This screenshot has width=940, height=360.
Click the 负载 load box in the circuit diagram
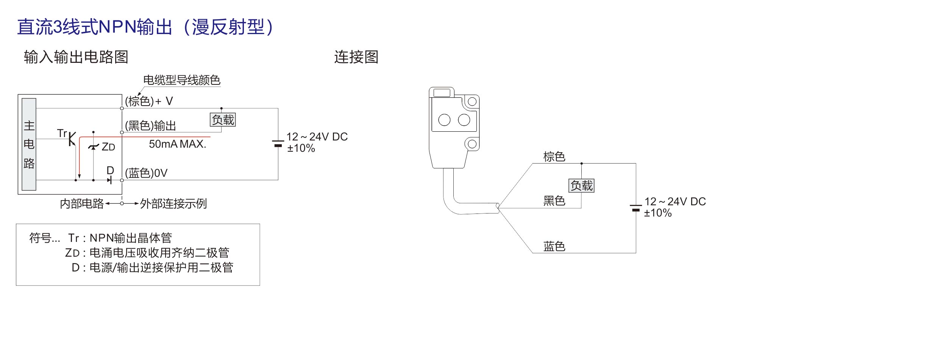point(223,120)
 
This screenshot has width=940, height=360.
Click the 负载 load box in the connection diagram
point(581,185)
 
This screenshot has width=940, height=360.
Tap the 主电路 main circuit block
point(29,144)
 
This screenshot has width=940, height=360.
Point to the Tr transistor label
point(62,133)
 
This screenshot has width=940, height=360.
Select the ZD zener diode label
point(108,147)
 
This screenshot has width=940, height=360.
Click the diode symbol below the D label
point(110,180)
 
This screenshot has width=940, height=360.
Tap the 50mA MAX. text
point(178,144)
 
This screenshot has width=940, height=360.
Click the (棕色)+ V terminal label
point(149,101)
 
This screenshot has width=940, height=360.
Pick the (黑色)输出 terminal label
point(150,126)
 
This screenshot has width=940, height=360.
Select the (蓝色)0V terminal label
point(146,173)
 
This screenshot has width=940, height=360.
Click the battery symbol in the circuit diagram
point(278,143)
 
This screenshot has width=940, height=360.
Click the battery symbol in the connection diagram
point(636,208)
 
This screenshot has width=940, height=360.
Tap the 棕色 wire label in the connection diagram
point(554,157)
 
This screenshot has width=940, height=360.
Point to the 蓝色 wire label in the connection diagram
point(554,246)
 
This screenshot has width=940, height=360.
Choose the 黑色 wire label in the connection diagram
point(554,201)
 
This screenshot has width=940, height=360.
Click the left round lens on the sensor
point(444,120)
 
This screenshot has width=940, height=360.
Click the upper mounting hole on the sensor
point(472,101)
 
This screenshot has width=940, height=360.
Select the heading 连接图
point(356,57)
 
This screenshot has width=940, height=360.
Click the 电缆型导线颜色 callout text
point(182,80)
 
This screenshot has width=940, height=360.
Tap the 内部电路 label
point(82,204)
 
